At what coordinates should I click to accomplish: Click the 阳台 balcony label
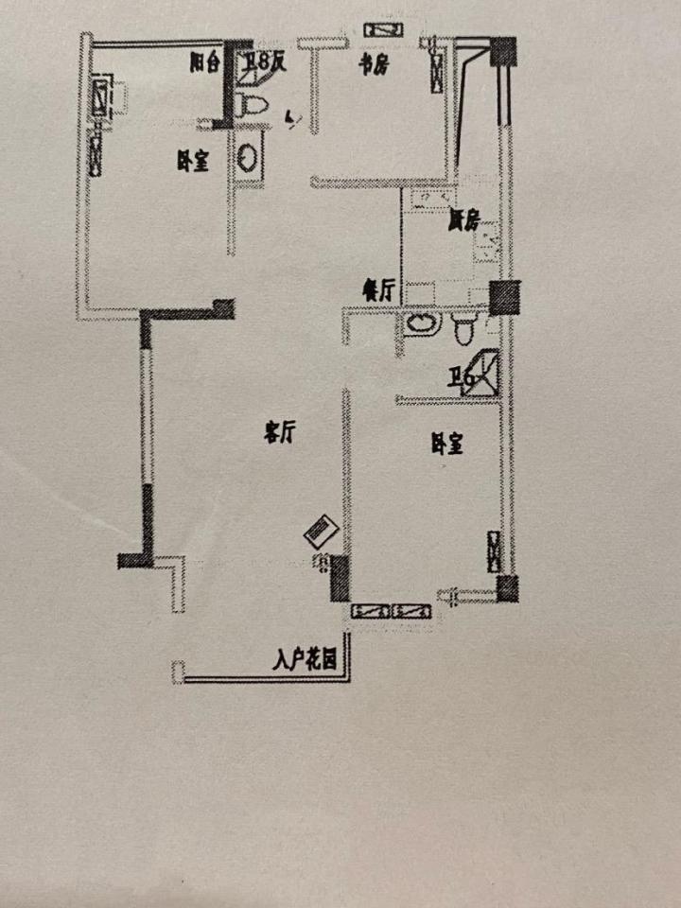pos(204,63)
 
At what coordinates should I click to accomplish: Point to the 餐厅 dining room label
pos(378,290)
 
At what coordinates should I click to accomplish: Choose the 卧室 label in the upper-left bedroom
pos(192,162)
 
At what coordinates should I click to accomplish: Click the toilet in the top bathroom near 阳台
pos(251,105)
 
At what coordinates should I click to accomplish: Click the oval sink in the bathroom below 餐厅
pos(421,325)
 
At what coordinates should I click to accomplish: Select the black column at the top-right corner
pos(503,51)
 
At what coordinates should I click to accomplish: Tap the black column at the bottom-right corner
pos(508,588)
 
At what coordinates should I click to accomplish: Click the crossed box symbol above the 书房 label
pos(380,30)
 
